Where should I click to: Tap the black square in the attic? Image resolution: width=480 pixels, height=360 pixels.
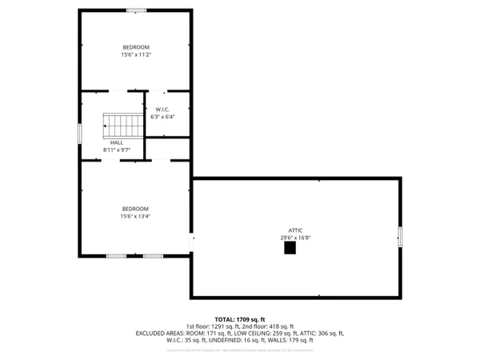pos(290,249)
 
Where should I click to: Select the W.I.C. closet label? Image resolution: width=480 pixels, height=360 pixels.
pos(162,110)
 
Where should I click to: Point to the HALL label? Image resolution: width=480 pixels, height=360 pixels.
pos(116,142)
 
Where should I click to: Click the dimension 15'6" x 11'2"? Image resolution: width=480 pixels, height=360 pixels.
pos(136,55)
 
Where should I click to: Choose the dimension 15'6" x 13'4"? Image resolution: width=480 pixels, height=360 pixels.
pos(135,216)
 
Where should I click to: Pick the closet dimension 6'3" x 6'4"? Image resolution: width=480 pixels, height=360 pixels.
pos(162,117)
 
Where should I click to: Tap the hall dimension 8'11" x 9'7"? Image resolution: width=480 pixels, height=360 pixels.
pos(116,150)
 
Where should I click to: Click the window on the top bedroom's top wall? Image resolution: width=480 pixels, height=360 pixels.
pos(136,10)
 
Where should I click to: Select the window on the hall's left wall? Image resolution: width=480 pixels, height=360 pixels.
pos(79,134)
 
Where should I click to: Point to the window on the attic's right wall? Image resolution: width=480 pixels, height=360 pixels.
pos(401,238)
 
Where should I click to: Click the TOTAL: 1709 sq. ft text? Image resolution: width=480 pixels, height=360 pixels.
pos(239,319)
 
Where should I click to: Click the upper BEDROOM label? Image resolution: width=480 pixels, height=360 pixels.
pos(136,47)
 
